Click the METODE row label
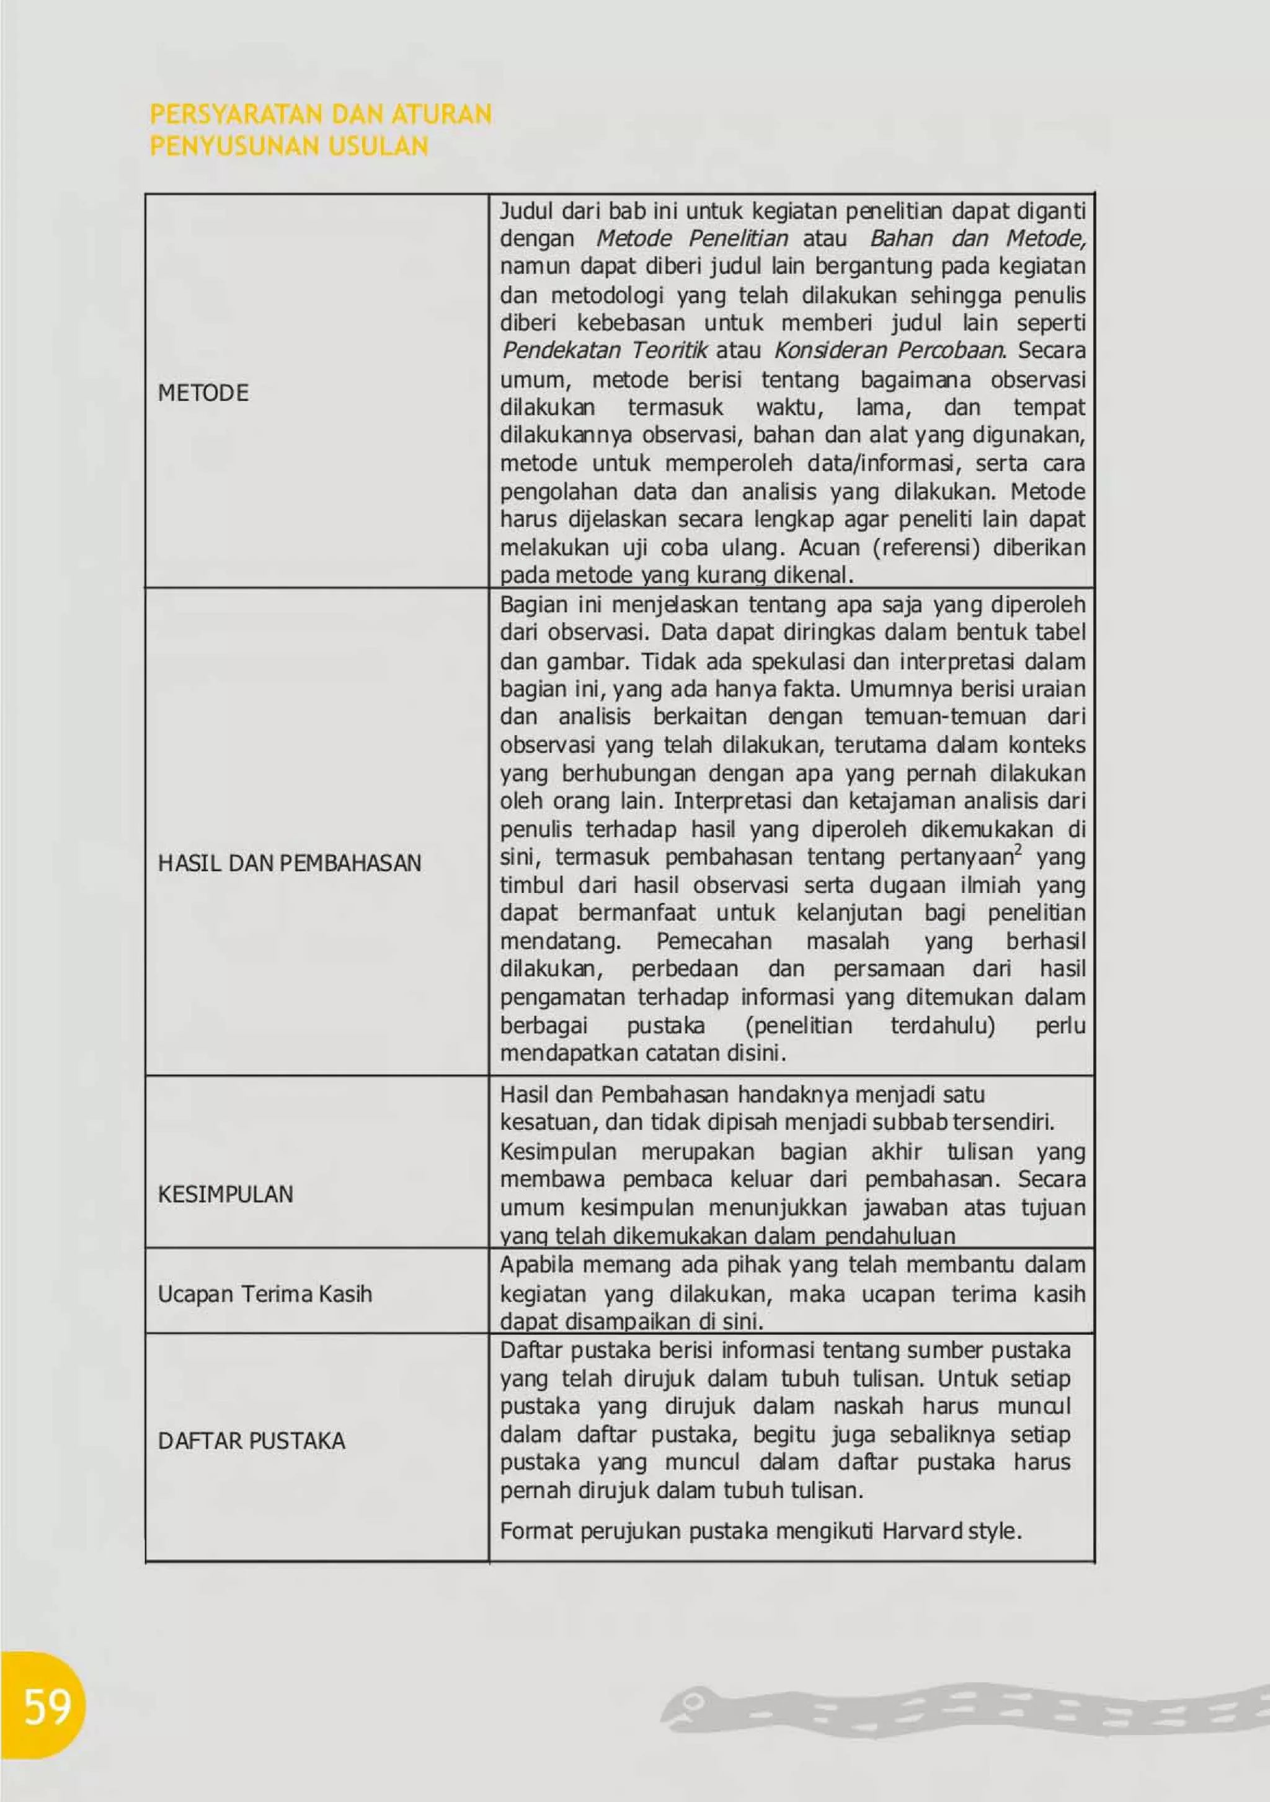203,393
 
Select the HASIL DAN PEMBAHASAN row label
290,863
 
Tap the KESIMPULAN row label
225,1194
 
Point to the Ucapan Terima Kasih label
265,1294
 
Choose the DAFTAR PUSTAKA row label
251,1441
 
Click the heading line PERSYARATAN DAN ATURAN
320,115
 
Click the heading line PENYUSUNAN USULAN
289,146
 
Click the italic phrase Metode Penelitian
691,239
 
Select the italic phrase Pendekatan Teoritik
605,350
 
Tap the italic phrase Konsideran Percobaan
889,350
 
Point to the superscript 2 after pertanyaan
1018,849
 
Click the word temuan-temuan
945,717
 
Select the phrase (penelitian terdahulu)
869,1026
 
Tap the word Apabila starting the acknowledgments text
538,1265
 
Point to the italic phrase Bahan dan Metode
978,239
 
